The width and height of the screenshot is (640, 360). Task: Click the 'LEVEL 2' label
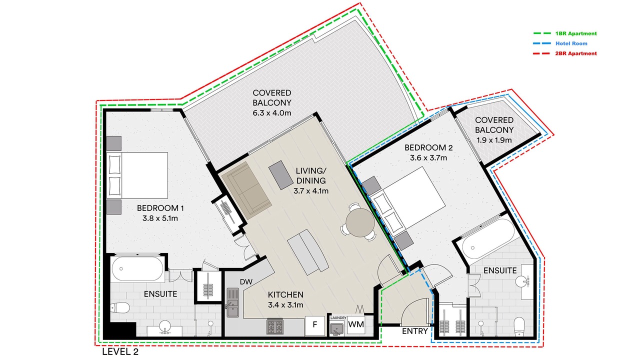pyautogui.click(x=120, y=351)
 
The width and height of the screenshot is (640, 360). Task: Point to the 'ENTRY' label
pyautogui.click(x=415, y=331)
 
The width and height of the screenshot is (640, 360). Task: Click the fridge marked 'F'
pyautogui.click(x=315, y=325)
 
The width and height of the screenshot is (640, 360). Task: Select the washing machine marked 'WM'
pyautogui.click(x=356, y=324)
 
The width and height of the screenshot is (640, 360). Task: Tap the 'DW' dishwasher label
pyautogui.click(x=246, y=282)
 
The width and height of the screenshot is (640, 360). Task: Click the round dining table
pyautogui.click(x=360, y=222)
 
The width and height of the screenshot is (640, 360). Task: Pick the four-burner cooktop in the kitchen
pyautogui.click(x=275, y=326)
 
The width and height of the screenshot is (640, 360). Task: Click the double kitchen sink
pyautogui.click(x=233, y=302)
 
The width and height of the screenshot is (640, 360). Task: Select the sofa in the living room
pyautogui.click(x=246, y=190)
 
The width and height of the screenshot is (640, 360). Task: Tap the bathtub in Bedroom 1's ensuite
pyautogui.click(x=137, y=269)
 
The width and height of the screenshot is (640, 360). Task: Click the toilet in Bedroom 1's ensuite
pyautogui.click(x=120, y=307)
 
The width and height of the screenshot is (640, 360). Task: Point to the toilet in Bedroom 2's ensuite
pyautogui.click(x=519, y=327)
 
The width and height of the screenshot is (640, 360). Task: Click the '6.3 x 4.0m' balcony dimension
pyautogui.click(x=271, y=113)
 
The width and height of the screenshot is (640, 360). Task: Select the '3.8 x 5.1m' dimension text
pyautogui.click(x=160, y=218)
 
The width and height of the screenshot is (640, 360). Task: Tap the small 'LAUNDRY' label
pyautogui.click(x=338, y=317)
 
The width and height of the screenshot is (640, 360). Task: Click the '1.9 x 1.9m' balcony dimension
pyautogui.click(x=494, y=140)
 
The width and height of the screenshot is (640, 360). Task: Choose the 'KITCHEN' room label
pyautogui.click(x=285, y=294)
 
